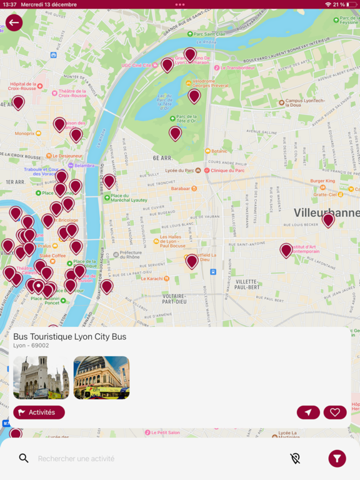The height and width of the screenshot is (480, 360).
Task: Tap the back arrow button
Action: pos(14,23)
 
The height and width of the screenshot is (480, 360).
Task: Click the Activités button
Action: pos(39,412)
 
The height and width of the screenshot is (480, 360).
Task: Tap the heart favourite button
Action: pos(335,412)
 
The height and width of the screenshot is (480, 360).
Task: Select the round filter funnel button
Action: pos(337,459)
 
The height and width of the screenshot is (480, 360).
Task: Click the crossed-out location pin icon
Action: pos(296,459)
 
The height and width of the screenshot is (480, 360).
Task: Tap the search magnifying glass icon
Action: pos(24,459)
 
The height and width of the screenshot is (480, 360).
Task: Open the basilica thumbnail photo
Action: pos(41,377)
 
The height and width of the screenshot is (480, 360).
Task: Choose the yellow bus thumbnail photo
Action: pos(101,377)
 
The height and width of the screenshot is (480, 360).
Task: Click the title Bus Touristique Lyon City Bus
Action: pos(70,337)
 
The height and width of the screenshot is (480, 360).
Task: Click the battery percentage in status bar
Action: pos(337,4)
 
